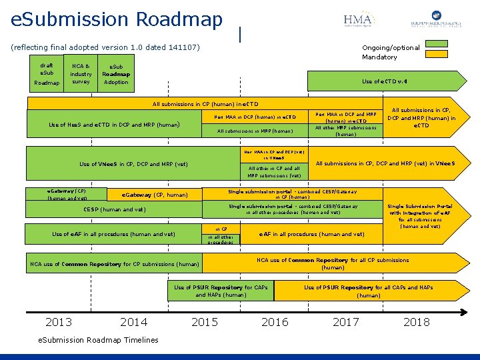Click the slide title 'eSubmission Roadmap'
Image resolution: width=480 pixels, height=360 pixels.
(117, 20)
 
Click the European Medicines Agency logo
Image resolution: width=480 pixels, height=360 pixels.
(437, 21)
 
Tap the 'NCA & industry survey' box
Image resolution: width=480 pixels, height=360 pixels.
(81, 73)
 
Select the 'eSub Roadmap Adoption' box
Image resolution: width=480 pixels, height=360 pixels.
(116, 74)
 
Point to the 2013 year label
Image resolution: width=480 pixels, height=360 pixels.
(59, 322)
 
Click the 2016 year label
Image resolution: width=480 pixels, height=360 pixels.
(275, 322)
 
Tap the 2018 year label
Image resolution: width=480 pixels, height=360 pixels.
(417, 322)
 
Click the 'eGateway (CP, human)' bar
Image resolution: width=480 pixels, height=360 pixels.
(155, 195)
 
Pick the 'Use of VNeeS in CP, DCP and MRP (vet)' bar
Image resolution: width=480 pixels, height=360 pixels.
(133, 164)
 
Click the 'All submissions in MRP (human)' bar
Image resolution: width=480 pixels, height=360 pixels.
(255, 131)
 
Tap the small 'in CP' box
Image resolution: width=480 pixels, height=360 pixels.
(221, 229)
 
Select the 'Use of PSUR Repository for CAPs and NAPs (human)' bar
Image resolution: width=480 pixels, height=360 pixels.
(221, 291)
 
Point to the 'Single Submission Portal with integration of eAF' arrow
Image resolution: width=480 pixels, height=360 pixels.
(429, 216)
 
